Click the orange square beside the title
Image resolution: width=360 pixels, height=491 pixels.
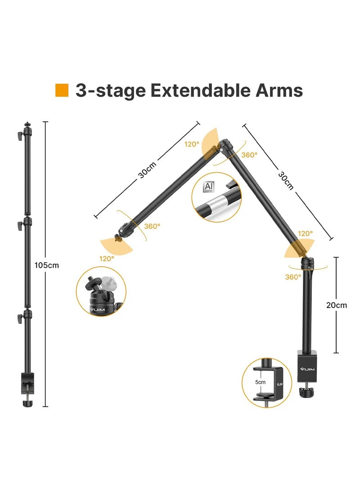62,90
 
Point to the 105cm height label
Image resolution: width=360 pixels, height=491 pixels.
47,265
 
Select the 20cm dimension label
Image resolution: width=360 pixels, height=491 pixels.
337,305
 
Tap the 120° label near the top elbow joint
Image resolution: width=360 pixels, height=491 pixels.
191,144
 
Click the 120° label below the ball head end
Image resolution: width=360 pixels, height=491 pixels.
107,259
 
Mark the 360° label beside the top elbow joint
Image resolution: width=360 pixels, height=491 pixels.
249,154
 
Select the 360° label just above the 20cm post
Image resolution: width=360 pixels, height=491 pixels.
293,277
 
